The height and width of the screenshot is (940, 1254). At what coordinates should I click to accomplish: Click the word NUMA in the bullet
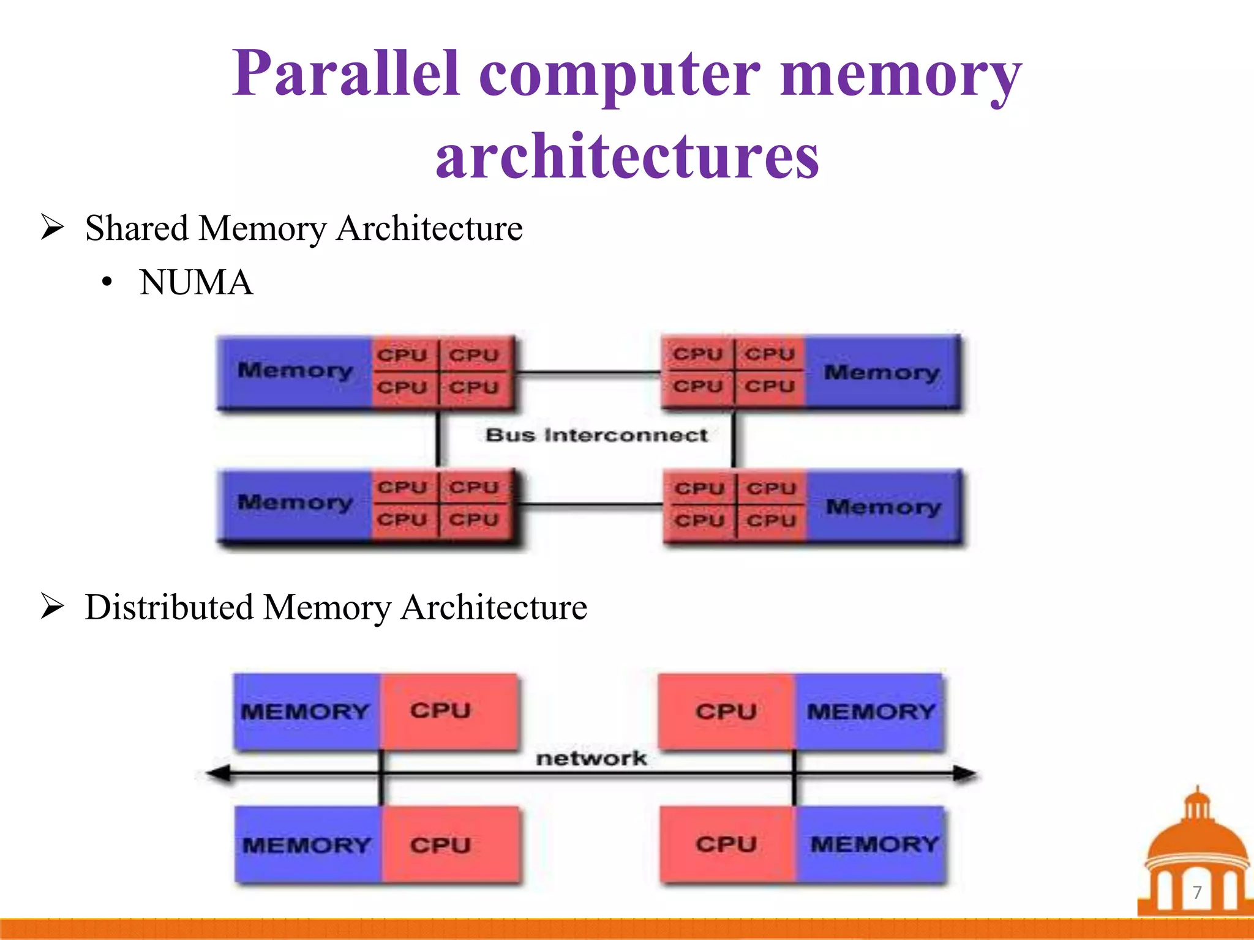(196, 283)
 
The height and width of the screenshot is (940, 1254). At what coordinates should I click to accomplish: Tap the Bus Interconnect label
(596, 435)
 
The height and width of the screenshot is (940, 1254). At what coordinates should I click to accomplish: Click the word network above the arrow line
(591, 758)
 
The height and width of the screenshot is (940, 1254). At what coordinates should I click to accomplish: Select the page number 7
(1197, 892)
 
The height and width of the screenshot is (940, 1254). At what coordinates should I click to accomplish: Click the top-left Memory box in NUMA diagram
(295, 371)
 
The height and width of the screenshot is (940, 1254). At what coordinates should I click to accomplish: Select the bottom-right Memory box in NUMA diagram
(883, 507)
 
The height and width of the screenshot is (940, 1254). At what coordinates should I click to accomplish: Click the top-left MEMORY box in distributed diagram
(306, 712)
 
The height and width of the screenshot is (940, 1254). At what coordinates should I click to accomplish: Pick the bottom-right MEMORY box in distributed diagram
(873, 845)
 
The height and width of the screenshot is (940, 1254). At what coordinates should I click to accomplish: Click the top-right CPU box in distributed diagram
(726, 712)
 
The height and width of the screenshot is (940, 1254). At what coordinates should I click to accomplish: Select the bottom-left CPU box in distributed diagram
(441, 845)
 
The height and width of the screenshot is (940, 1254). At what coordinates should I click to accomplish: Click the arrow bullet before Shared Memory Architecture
(52, 228)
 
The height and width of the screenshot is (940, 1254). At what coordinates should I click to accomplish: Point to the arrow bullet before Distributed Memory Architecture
(52, 606)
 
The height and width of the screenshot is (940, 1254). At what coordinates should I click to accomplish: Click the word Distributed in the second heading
(169, 607)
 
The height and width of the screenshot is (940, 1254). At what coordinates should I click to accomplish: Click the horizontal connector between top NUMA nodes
(588, 371)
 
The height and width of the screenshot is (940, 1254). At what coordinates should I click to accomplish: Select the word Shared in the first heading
(137, 228)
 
